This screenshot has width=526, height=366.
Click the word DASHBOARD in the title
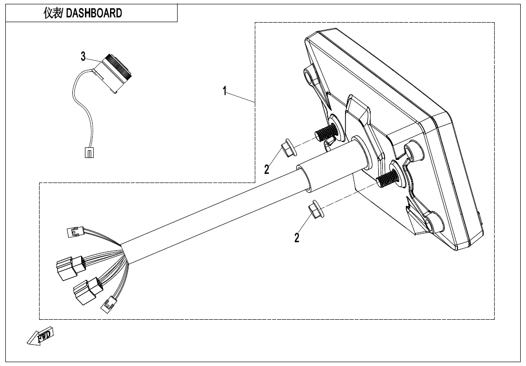point(94,13)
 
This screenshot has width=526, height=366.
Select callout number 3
point(83,57)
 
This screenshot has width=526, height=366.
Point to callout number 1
point(225,91)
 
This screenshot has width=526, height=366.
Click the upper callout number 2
point(266,169)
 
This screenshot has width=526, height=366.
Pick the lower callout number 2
point(297,237)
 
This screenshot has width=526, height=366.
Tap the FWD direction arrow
point(40,336)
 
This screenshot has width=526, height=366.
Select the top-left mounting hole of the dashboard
point(308,76)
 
